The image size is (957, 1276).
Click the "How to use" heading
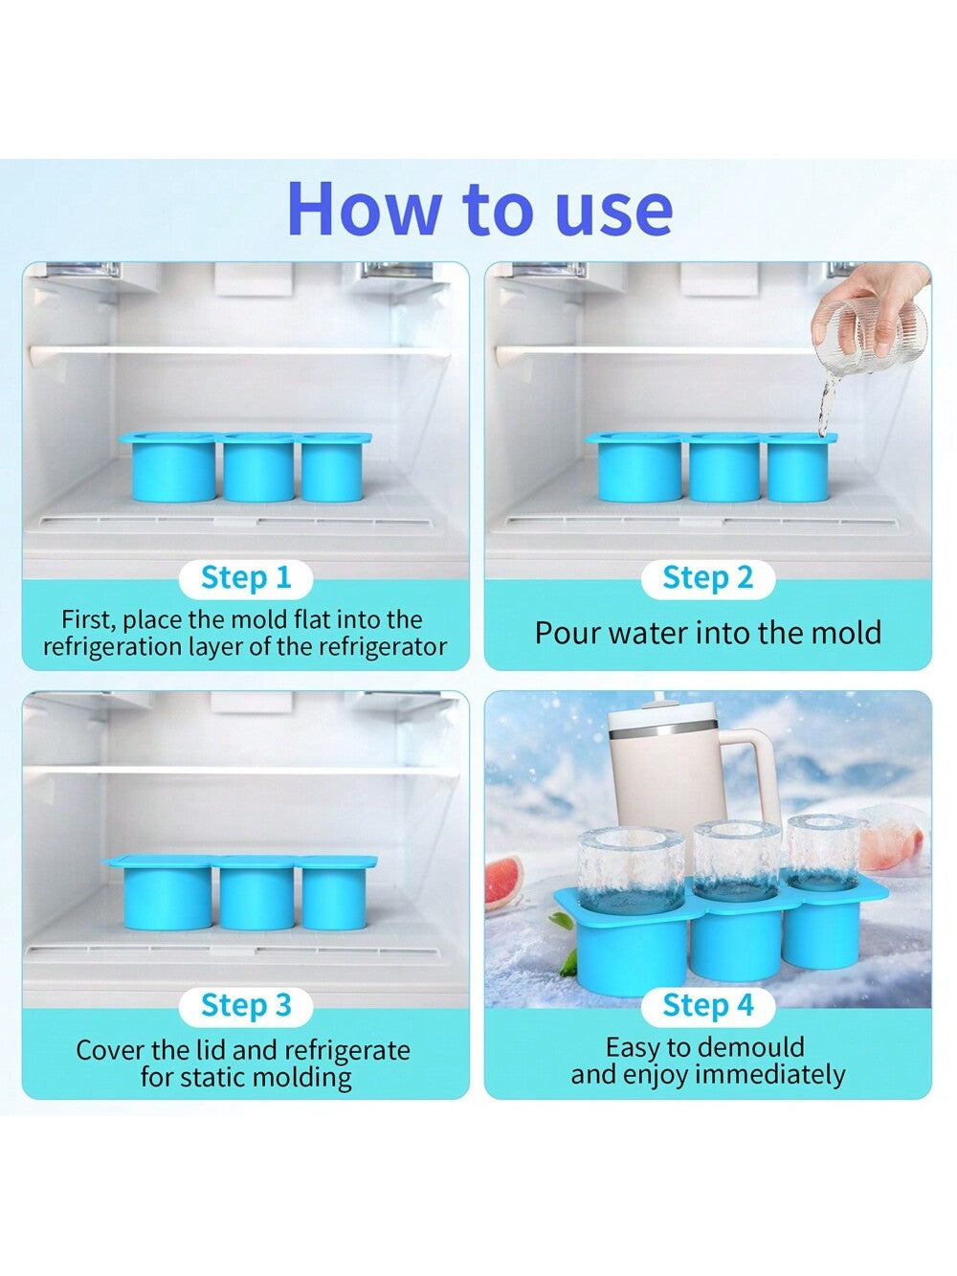(x=480, y=210)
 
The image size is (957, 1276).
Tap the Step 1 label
(x=246, y=578)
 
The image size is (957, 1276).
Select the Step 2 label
(x=707, y=578)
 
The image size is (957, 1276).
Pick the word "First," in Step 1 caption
(x=85, y=619)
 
